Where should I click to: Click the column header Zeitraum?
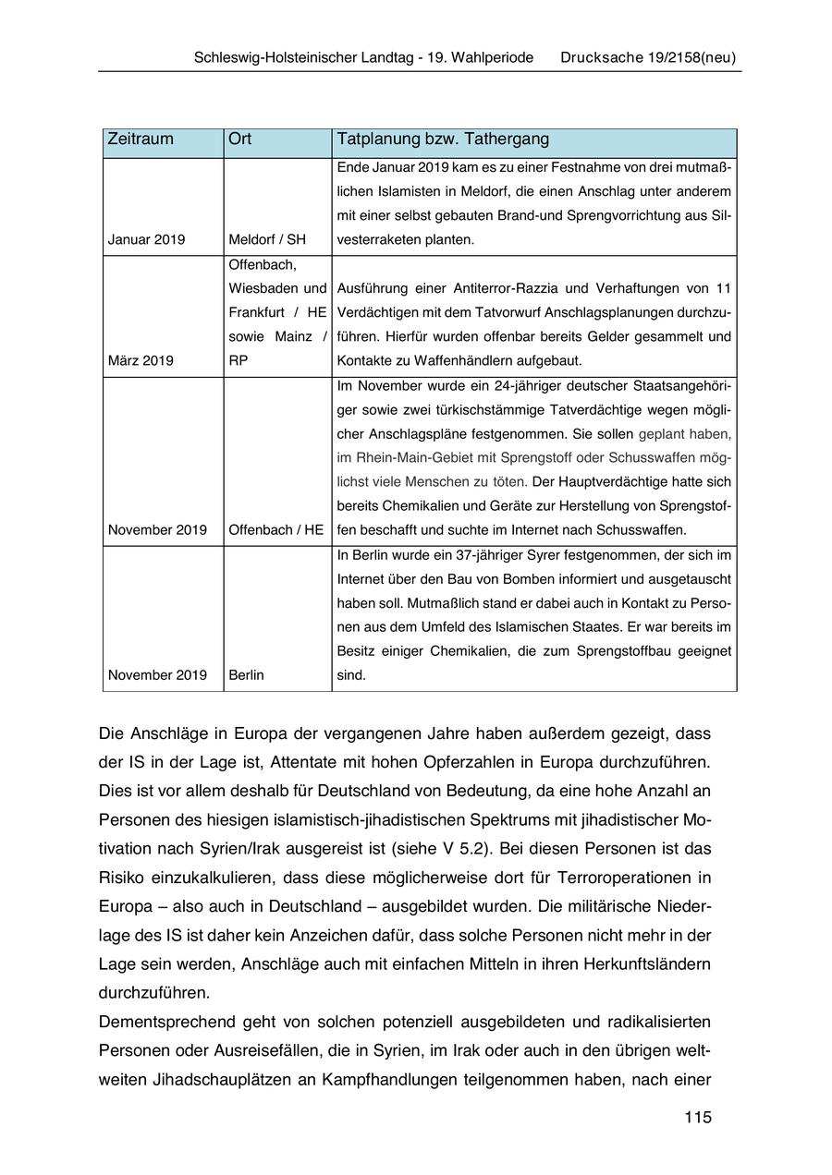pos(141,139)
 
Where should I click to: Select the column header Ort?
pos(239,139)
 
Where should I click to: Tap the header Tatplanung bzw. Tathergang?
pos(443,139)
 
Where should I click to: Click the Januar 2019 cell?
pos(146,240)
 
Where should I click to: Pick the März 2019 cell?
pos(141,360)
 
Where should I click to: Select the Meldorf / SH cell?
pos(267,240)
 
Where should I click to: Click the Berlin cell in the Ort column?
pos(246,675)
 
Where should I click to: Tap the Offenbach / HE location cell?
pos(276,530)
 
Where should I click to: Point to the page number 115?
pos(698,1118)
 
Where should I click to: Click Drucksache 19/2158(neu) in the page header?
pos(648,57)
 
